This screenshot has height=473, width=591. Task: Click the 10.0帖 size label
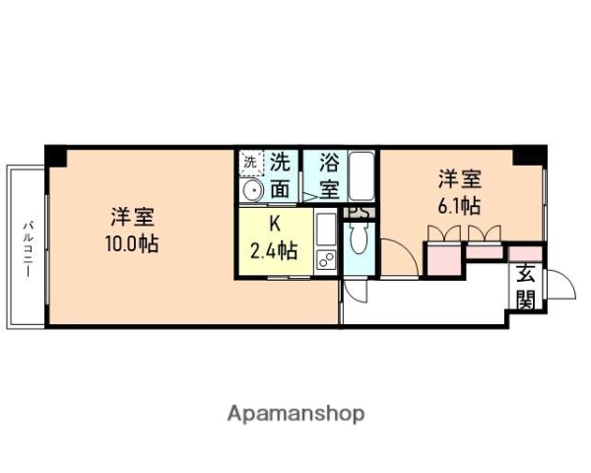132,244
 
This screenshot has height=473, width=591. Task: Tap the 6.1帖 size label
460,207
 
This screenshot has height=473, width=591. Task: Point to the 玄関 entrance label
525,286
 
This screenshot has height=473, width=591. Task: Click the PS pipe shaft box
359,211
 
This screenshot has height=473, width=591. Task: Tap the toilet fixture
357,239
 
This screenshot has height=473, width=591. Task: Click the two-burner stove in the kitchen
325,260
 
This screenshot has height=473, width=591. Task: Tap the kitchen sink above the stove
325,233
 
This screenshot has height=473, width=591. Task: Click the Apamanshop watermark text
295,413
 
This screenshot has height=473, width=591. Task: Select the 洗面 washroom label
282,174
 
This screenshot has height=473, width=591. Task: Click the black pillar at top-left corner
55,156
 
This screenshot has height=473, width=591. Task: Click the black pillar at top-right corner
530,155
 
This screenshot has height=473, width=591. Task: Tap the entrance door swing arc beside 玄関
558,286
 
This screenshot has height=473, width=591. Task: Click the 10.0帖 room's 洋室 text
132,217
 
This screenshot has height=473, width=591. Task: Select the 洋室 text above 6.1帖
460,180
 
